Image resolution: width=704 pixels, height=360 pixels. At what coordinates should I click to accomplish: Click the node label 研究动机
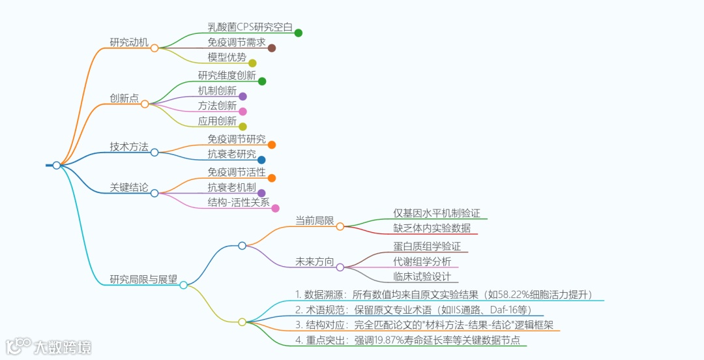129,42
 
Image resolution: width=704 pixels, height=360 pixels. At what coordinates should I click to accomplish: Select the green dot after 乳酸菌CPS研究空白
298,33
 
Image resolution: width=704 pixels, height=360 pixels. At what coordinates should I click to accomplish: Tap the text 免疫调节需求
237,42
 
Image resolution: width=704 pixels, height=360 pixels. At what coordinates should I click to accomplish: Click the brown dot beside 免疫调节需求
272,48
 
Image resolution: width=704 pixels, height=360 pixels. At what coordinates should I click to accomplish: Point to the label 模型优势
227,57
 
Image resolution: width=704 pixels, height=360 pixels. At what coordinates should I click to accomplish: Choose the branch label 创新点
124,98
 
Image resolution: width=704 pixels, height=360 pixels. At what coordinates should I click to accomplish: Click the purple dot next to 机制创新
242,97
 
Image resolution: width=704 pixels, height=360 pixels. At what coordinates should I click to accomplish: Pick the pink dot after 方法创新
242,111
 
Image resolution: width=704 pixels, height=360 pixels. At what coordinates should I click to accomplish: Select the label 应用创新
217,121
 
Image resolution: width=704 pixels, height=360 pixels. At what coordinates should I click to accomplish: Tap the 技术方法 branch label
129,147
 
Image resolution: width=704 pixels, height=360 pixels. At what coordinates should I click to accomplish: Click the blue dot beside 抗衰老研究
261,160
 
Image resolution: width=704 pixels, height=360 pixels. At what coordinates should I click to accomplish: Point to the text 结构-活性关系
239,202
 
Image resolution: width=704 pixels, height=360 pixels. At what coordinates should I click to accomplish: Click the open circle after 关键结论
154,193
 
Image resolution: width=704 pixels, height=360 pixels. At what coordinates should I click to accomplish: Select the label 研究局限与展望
143,280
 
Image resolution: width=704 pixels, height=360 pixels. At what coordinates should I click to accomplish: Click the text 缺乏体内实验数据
432,228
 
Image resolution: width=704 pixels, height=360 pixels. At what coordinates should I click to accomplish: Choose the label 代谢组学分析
422,262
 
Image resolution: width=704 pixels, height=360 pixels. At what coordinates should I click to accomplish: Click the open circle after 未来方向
340,267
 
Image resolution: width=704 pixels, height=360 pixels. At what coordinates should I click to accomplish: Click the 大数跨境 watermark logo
49,346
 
